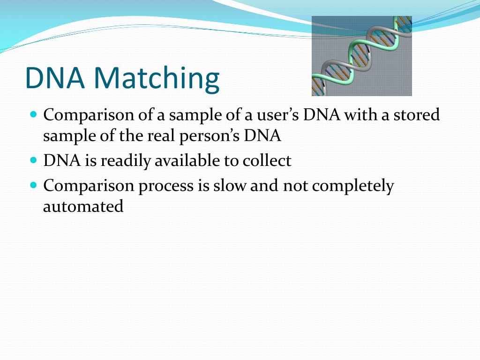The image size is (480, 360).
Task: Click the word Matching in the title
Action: point(157,78)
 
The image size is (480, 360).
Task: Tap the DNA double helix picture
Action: point(361,56)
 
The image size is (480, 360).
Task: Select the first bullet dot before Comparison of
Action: point(34,114)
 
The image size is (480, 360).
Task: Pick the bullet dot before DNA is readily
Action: point(34,160)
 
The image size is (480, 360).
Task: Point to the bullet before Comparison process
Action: point(34,185)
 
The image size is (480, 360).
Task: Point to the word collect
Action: point(267,160)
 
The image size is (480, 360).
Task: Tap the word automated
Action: point(83,206)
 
